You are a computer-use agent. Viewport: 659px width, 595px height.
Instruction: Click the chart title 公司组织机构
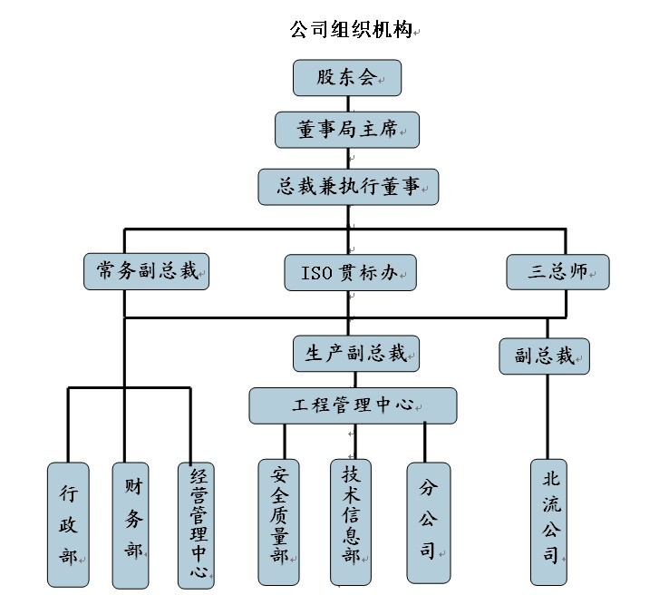point(349,30)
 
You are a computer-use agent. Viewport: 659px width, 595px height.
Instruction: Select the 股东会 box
point(346,78)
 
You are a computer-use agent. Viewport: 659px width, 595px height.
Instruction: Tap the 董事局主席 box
point(347,131)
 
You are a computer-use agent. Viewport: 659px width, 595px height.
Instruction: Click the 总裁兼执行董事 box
point(348,186)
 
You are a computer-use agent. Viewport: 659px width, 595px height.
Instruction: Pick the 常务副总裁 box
point(147,271)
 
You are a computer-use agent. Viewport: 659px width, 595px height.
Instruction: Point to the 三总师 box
point(557,271)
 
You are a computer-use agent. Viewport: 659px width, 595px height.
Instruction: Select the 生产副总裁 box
point(356,353)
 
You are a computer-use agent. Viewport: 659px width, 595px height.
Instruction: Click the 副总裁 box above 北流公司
point(545,356)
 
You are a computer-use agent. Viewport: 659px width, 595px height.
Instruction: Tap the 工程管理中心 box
point(354,405)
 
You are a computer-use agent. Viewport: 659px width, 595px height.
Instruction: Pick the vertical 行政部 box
point(69,525)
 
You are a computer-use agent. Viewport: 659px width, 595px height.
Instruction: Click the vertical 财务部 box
point(131,525)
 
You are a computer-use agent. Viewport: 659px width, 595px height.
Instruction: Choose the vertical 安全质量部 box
point(278,523)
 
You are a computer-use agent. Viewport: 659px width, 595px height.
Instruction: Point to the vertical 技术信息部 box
point(350,523)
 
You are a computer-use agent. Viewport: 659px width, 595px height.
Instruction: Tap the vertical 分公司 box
point(428,523)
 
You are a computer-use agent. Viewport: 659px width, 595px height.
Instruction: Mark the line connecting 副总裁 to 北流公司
point(546,417)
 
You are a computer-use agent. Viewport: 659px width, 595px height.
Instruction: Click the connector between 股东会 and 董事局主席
point(347,104)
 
